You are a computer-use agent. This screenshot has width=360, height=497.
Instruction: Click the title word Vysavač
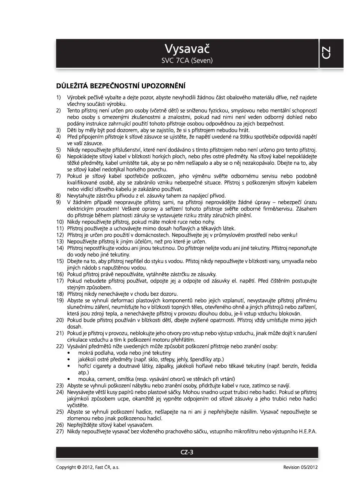coord(187,49)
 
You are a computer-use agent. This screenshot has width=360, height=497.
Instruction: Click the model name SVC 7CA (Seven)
coord(187,60)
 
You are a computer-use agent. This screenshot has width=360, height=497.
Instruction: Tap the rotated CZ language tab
coord(326,53)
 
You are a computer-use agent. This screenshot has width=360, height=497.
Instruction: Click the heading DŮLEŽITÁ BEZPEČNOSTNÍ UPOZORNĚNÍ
coord(120,86)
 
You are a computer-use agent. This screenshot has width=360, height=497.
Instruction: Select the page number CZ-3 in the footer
coord(187,452)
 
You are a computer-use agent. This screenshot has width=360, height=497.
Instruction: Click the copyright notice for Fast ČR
coord(88,467)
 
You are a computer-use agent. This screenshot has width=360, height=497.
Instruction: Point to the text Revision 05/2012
coord(300,467)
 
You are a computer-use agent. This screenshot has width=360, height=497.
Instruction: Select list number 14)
coord(60,248)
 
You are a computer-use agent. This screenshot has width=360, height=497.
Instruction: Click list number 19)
coord(60,301)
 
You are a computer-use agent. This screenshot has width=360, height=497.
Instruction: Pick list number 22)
coord(60,346)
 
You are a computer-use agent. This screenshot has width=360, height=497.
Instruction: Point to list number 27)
coord(60,432)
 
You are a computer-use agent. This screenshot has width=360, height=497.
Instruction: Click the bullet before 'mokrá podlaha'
coord(68,353)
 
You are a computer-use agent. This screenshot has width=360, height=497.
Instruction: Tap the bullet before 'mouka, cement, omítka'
coord(68,379)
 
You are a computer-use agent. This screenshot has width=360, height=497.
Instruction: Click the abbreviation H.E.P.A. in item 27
coord(308,432)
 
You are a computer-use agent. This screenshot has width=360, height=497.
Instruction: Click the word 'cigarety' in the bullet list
coord(103,366)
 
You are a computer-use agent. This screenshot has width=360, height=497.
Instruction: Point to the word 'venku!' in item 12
coord(290,235)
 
